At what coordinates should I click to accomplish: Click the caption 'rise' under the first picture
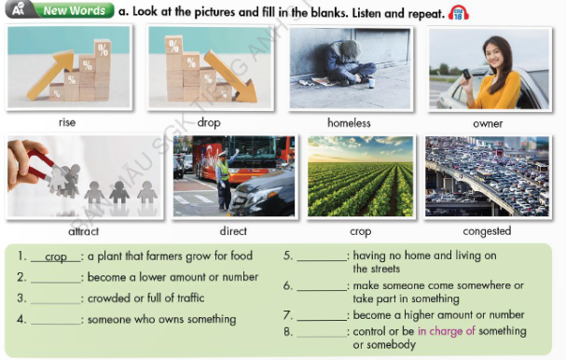pos(66,122)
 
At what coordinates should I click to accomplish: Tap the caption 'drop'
pos(208,122)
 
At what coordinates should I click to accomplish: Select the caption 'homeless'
pos(349,122)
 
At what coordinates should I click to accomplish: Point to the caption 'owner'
pos(488,123)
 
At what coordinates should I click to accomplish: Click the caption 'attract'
pos(83,231)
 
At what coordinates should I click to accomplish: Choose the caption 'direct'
pos(233,231)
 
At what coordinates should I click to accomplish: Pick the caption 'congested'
pos(487,231)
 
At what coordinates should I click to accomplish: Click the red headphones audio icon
pos(459,12)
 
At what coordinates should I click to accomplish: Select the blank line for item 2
pos(54,278)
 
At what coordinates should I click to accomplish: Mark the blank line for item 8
pos(321,332)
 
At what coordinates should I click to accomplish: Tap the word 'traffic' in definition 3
pos(186,298)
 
